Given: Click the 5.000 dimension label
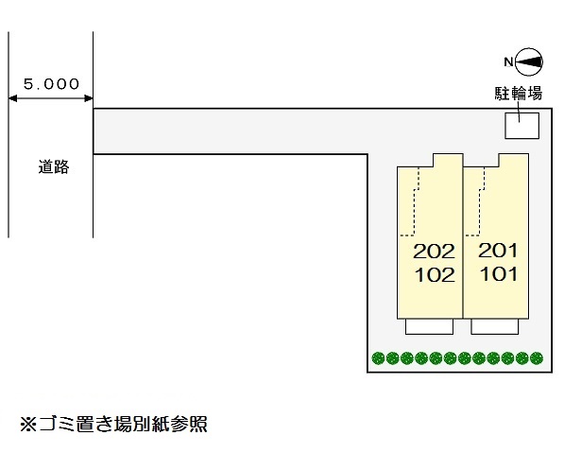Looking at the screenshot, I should point(51,83).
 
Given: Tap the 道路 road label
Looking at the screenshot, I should point(54,167).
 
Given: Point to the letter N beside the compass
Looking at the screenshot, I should point(508,62).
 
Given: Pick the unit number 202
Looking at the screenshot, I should point(435,252).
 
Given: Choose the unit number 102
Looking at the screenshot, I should point(435,275).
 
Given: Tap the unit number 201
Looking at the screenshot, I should point(499,252).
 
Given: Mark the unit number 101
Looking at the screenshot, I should point(499,275).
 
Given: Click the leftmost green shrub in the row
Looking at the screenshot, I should point(379,358).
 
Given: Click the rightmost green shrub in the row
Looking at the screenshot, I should point(538,358).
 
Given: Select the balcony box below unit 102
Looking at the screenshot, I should point(430,326).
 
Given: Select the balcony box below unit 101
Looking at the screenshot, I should point(497,326).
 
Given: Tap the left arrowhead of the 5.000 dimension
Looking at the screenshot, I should point(13,96).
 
